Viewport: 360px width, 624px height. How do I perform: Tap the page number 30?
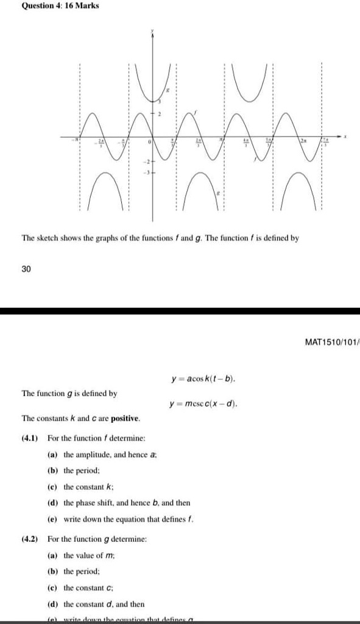pyautogui.click(x=26, y=268)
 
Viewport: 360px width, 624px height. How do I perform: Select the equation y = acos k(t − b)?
pyautogui.click(x=204, y=380)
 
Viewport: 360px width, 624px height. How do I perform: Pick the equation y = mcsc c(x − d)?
pyautogui.click(x=204, y=403)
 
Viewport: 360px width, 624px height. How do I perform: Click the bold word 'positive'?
pyautogui.click(x=124, y=419)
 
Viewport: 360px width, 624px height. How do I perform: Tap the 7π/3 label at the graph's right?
pyautogui.click(x=325, y=141)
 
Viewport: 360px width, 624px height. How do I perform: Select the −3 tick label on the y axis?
pyautogui.click(x=146, y=172)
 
